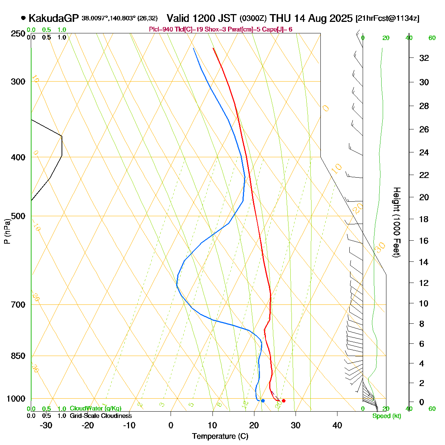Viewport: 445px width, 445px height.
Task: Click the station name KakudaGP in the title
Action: pos(54,18)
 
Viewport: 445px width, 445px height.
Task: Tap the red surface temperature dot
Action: pos(284,400)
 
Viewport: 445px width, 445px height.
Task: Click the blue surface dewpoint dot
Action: pos(263,400)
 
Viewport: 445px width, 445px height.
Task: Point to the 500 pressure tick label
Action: pos(18,216)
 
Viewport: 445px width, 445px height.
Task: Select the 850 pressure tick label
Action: pos(18,356)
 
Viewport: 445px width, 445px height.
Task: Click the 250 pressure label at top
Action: pos(18,34)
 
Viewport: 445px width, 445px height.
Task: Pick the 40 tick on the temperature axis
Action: pos(337,425)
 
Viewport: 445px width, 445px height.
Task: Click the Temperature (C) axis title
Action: pos(220,436)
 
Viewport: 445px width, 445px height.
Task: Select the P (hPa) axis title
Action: pos(7,232)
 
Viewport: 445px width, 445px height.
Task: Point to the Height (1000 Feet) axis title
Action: pos(396,222)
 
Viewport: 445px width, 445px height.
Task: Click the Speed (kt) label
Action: pos(387,416)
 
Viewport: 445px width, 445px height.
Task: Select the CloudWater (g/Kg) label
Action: pos(95,409)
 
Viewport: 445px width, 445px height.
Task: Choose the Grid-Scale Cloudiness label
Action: pos(100,416)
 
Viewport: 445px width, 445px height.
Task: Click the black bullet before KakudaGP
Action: pos(23,18)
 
